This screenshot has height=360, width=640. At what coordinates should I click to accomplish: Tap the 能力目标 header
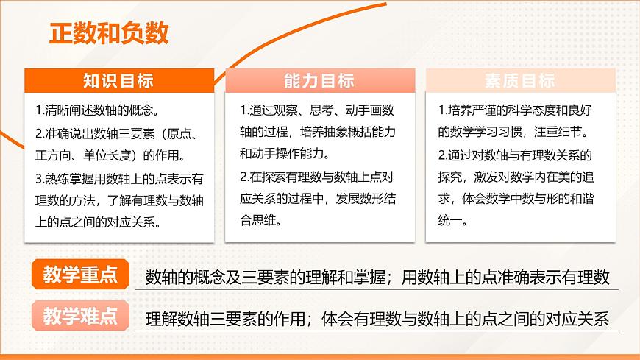coord(319,81)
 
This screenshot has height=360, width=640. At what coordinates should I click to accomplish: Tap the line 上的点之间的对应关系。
coord(96,222)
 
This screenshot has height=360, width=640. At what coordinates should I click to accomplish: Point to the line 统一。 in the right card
coord(456,220)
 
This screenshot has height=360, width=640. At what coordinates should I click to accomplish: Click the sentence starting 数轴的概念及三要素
coord(377,277)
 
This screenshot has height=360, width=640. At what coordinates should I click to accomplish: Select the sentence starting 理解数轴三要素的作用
coord(377,320)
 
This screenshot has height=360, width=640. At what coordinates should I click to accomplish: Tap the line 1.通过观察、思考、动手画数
coord(317,110)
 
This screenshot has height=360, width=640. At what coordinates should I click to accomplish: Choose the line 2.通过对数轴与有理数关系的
coord(515,155)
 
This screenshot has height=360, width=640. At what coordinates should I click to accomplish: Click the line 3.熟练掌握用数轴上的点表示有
coord(119,177)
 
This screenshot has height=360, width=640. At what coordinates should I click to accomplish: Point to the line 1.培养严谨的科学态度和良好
coord(516,110)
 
